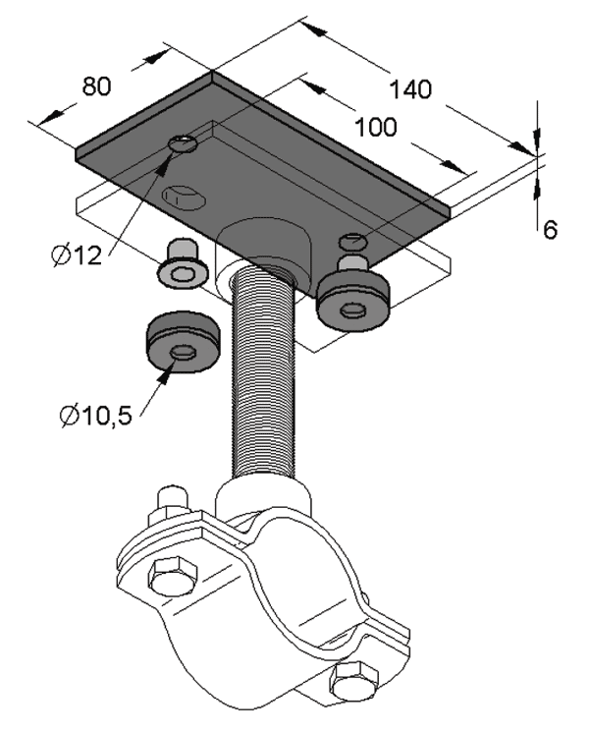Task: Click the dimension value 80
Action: pos(95,86)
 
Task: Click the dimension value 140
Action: pos(407,90)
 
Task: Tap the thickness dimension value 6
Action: pos(550,230)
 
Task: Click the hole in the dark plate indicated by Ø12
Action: pos(184,144)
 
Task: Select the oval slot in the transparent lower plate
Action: pos(184,195)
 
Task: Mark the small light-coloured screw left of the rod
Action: pos(182,265)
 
